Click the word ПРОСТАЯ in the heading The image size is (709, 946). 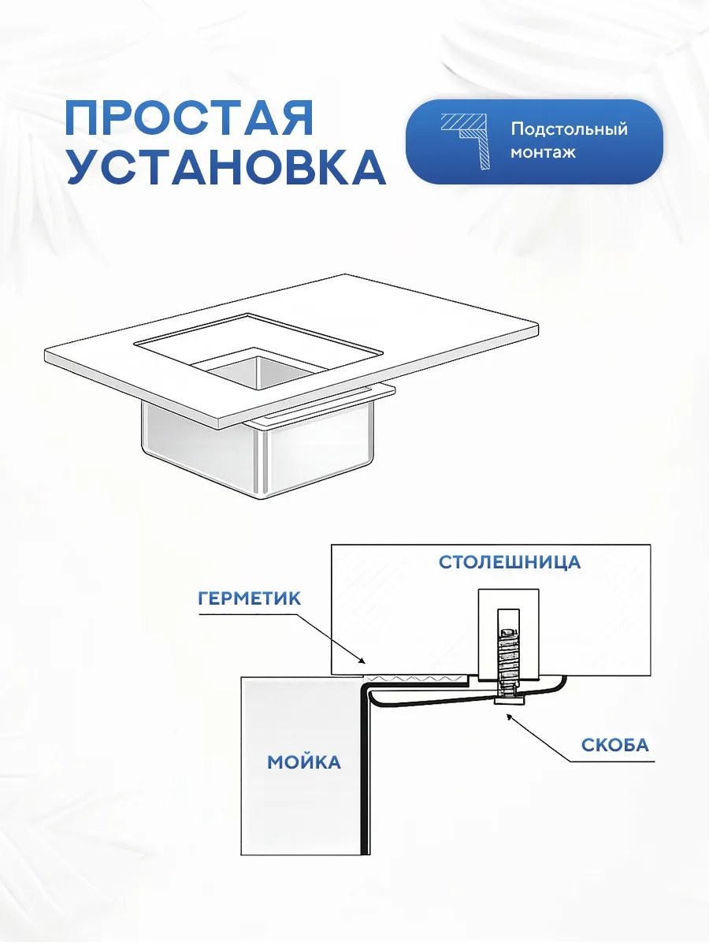[189, 117]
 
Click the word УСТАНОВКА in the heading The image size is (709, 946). [225, 167]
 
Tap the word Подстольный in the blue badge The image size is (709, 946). [569, 130]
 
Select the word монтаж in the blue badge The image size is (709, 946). [543, 153]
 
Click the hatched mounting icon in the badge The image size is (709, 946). [466, 141]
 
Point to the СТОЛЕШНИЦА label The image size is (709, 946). [510, 562]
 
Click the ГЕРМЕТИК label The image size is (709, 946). [249, 598]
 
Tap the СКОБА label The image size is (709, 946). [615, 745]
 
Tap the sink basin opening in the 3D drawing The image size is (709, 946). [258, 368]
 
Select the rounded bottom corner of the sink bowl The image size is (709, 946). [262, 496]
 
